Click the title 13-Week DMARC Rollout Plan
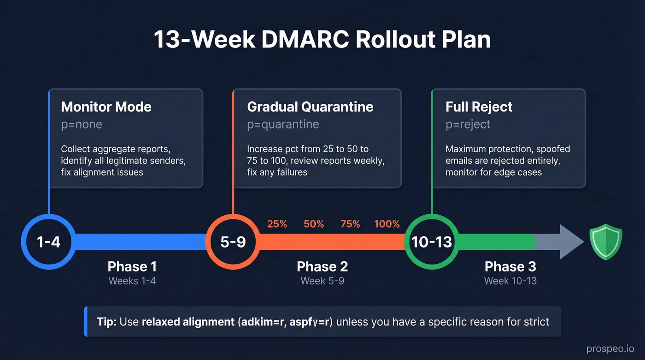(x=322, y=40)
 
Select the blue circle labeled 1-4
(x=48, y=242)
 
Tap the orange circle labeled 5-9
(x=233, y=242)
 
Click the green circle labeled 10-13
(x=432, y=242)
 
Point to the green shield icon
(x=606, y=242)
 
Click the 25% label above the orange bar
(x=277, y=224)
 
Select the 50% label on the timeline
(x=314, y=224)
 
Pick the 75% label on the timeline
(x=350, y=224)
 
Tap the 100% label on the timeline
(x=387, y=224)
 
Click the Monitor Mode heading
(x=106, y=107)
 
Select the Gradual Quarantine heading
(x=310, y=107)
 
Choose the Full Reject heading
(x=479, y=107)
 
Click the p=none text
(x=82, y=124)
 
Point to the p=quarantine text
(x=283, y=124)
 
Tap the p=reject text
(x=468, y=124)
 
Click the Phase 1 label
(x=132, y=266)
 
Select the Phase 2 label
(x=322, y=266)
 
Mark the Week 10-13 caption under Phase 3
(x=510, y=281)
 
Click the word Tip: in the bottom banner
(x=106, y=321)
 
